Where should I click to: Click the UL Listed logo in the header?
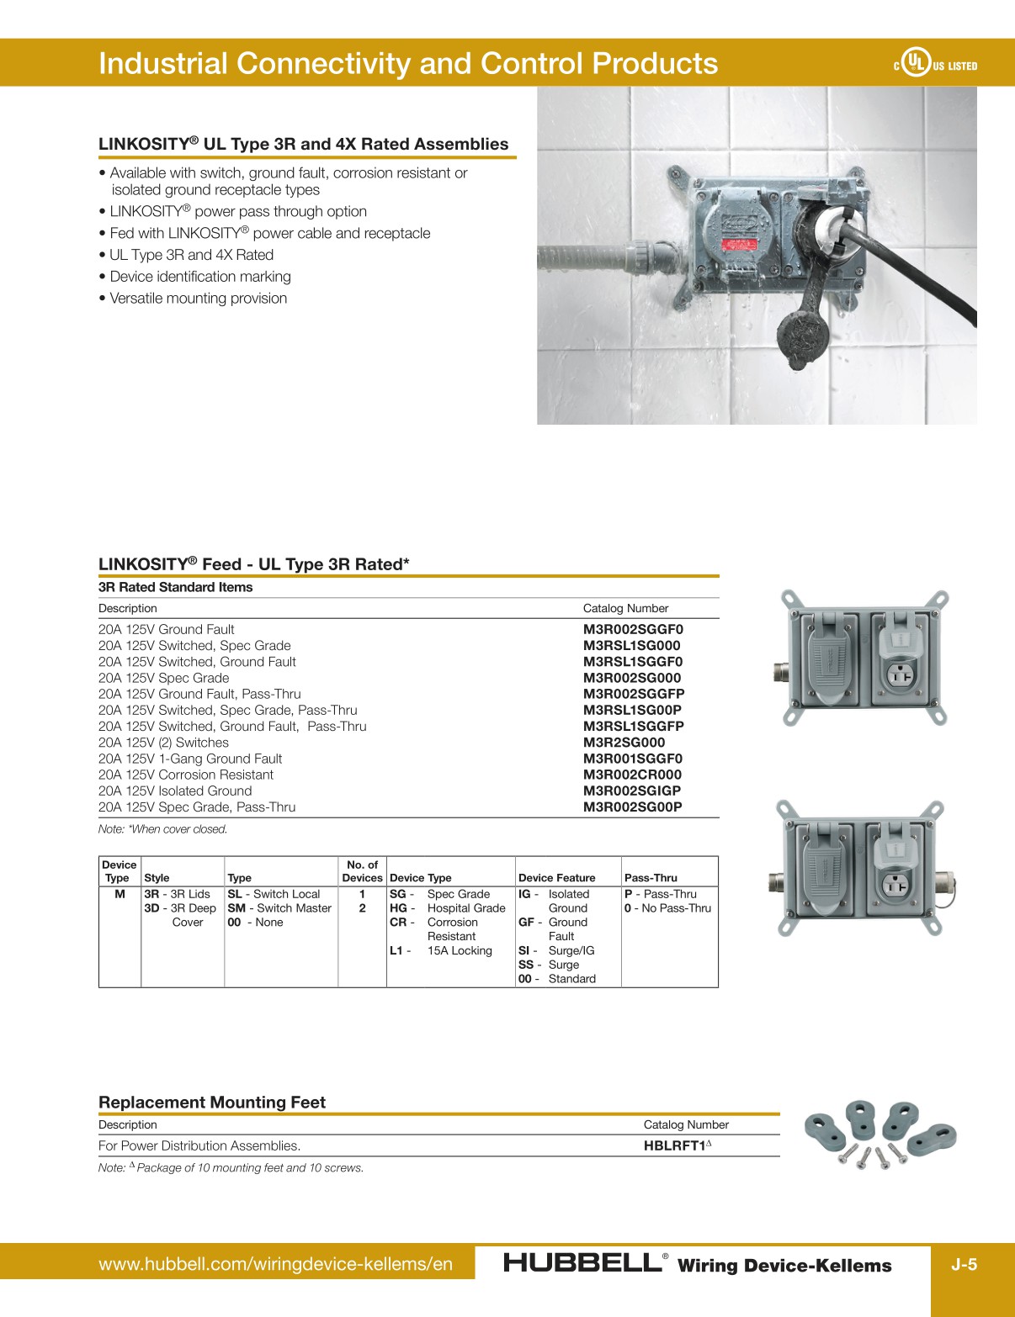pyautogui.click(x=934, y=64)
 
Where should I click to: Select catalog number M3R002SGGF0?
pyautogui.click(x=633, y=629)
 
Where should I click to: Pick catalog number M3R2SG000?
pyautogui.click(x=624, y=743)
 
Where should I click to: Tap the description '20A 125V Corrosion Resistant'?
pyautogui.click(x=185, y=775)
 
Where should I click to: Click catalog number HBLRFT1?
pyautogui.click(x=675, y=1145)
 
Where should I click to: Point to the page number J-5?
pyautogui.click(x=964, y=1264)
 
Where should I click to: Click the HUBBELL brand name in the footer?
pyautogui.click(x=582, y=1263)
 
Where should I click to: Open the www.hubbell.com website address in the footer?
pyautogui.click(x=275, y=1264)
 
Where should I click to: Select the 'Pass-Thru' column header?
pyautogui.click(x=651, y=878)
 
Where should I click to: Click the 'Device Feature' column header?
pyautogui.click(x=556, y=878)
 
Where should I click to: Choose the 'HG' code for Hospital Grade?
pyautogui.click(x=399, y=908)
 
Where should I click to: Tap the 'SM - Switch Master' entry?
pyautogui.click(x=279, y=908)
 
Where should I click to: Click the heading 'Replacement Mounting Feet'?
pyautogui.click(x=212, y=1103)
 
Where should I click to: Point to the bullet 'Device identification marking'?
pyautogui.click(x=200, y=277)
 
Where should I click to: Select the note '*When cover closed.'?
pyautogui.click(x=162, y=829)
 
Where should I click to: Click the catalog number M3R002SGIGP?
pyautogui.click(x=632, y=791)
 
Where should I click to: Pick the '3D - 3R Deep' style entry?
pyautogui.click(x=180, y=908)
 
